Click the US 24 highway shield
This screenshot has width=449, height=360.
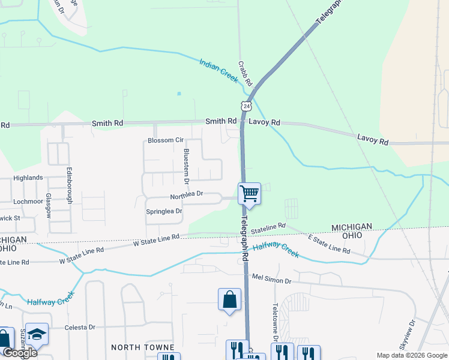click(x=246, y=106)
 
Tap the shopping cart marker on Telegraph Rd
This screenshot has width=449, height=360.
click(x=249, y=194)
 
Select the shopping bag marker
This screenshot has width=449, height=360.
click(x=229, y=299)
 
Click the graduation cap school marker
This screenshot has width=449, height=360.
click(x=37, y=335)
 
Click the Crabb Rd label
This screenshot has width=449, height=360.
click(x=245, y=73)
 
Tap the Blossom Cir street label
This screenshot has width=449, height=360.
click(x=165, y=140)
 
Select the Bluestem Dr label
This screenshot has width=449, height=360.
click(x=186, y=166)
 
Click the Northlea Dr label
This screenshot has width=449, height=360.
click(x=187, y=195)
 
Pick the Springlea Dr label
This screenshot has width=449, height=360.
click(x=164, y=211)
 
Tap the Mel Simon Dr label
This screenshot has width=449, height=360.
click(x=271, y=280)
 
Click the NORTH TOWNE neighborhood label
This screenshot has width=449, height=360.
click(x=143, y=347)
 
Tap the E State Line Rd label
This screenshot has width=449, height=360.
click(x=328, y=245)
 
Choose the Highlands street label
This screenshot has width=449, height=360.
click(x=28, y=178)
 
